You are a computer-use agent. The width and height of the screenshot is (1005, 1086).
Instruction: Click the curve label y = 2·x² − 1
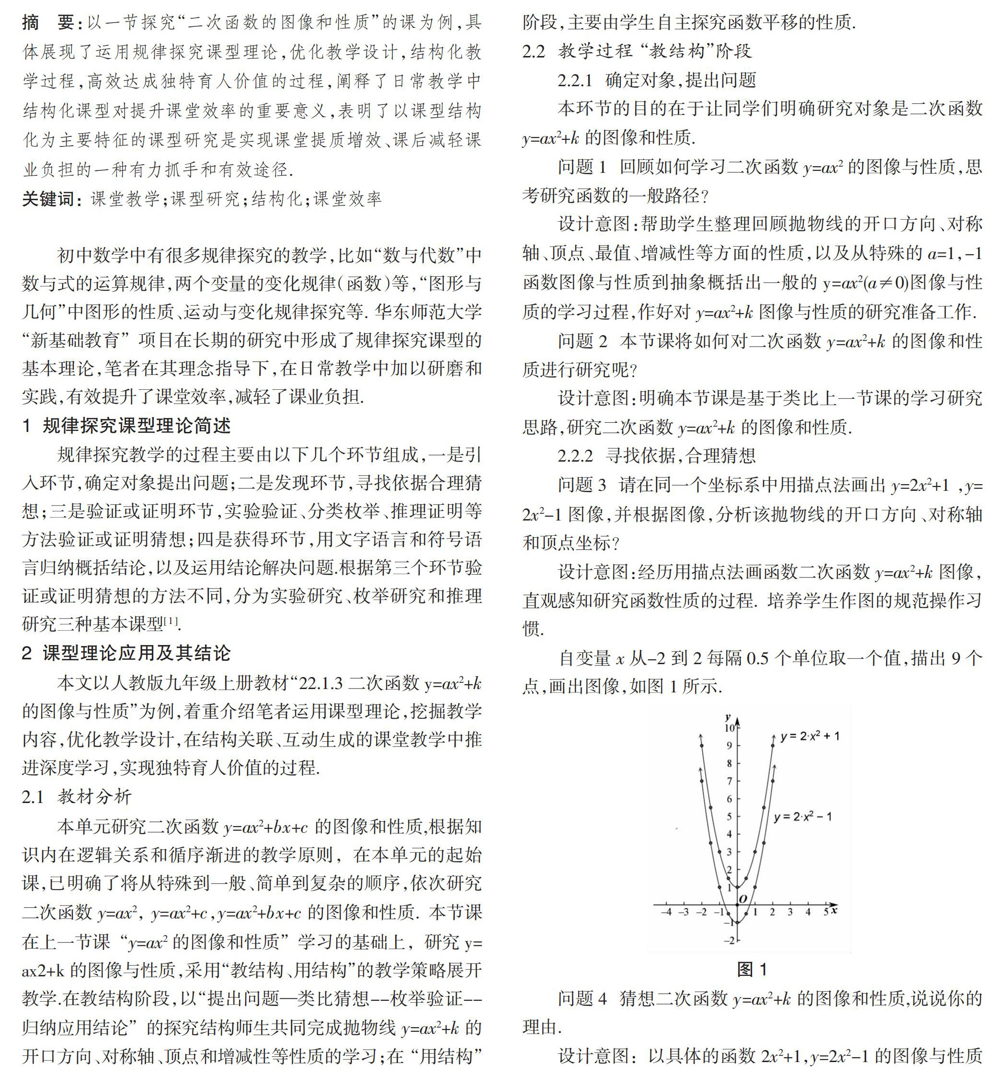click(803, 817)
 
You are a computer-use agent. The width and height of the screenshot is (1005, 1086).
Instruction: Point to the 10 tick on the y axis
click(729, 728)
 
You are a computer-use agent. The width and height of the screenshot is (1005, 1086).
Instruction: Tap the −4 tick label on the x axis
click(667, 912)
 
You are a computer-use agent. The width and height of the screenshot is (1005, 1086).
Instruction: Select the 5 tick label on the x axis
click(825, 912)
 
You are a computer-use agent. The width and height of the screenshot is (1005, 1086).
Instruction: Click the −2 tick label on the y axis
click(729, 940)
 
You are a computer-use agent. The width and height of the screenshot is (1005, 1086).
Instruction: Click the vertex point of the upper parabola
click(737, 887)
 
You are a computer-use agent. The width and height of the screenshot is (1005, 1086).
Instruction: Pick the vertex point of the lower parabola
click(737, 922)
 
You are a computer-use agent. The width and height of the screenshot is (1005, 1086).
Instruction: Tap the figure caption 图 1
click(752, 969)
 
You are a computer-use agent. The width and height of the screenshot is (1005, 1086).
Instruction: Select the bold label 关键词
click(48, 199)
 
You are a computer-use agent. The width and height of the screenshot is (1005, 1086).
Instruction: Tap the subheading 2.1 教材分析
click(77, 797)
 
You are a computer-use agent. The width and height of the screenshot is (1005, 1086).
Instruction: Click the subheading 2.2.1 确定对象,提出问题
click(656, 80)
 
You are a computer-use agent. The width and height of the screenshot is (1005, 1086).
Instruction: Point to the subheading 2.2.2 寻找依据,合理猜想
click(656, 455)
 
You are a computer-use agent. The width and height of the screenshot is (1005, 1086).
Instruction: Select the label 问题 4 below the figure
click(582, 998)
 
